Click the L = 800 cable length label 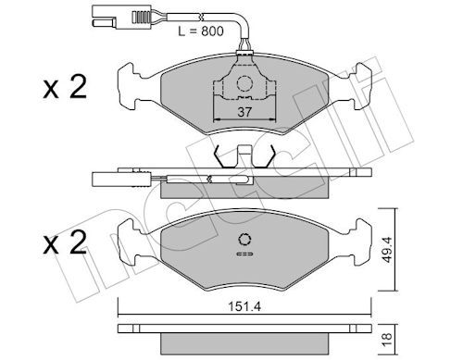point(201,31)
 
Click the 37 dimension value point(244,112)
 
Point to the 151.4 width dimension point(244,306)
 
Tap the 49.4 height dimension point(387,249)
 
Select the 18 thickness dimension point(387,340)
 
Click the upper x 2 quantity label point(65,88)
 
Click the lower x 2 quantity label point(65,243)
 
